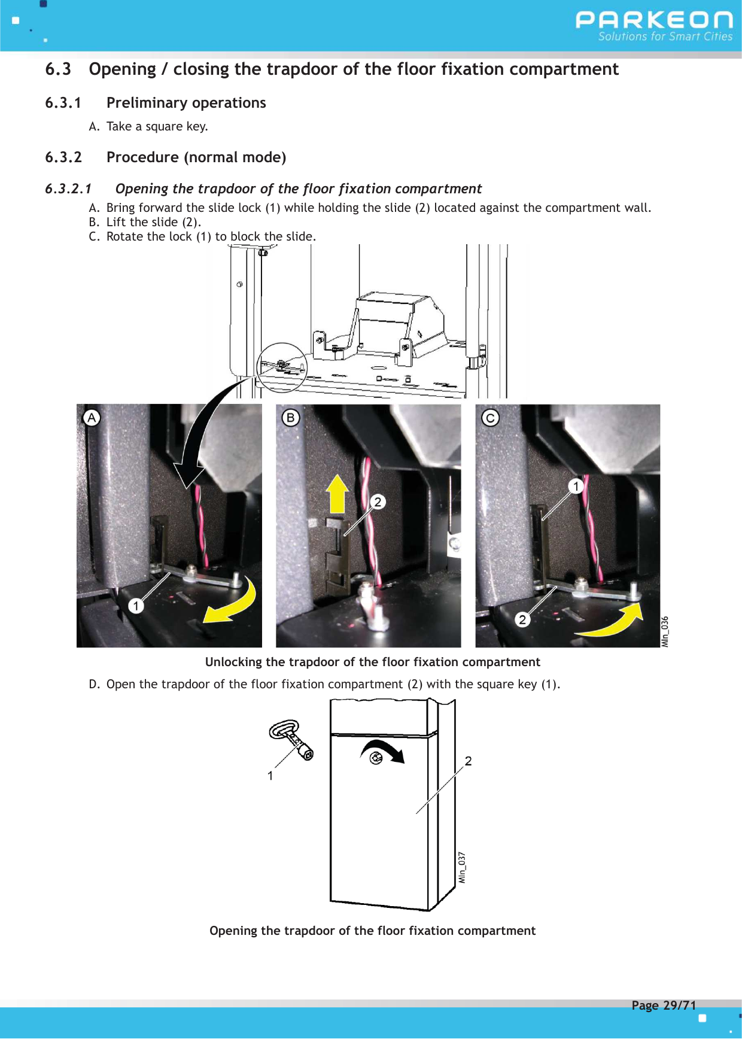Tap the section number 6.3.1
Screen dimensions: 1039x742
(x=63, y=103)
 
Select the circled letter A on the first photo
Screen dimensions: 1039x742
(x=92, y=417)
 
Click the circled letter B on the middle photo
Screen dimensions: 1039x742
(x=291, y=417)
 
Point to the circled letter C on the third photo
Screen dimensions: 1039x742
(x=490, y=417)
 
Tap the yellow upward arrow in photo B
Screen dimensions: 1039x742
(x=338, y=494)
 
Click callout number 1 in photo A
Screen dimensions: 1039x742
(x=136, y=606)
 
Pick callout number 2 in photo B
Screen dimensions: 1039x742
(x=378, y=502)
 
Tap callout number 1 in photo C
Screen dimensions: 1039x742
(x=576, y=485)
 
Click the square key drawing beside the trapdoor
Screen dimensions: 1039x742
(x=292, y=739)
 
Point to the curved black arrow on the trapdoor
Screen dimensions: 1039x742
(x=383, y=751)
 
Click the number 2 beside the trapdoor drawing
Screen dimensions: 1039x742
(x=469, y=761)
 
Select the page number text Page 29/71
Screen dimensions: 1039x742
(x=664, y=1005)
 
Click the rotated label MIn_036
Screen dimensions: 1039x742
(x=665, y=631)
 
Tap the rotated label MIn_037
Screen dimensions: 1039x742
(x=462, y=867)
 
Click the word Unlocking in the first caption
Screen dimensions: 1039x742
(x=233, y=662)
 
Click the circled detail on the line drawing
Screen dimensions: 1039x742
(x=282, y=367)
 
